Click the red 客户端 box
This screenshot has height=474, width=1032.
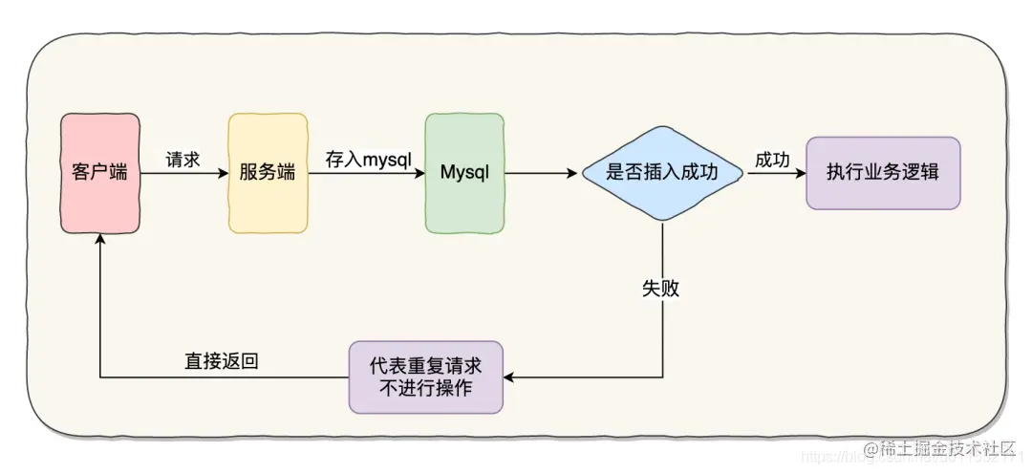[100, 173]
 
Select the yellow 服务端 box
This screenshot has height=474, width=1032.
[269, 173]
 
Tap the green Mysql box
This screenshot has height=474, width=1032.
[464, 173]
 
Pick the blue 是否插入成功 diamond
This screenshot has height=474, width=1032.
[662, 173]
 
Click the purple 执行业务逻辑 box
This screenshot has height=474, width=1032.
[883, 173]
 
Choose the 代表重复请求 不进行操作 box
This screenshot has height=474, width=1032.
[426, 377]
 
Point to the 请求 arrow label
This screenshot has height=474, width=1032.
[183, 160]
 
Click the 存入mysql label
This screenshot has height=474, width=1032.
[368, 159]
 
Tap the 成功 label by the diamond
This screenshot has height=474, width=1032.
[772, 160]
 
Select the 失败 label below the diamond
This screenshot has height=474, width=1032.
[661, 288]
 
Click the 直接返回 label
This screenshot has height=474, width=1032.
[222, 361]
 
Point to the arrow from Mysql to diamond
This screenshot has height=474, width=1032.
[542, 174]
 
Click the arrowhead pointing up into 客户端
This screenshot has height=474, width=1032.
[100, 242]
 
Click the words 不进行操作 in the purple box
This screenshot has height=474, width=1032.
[426, 389]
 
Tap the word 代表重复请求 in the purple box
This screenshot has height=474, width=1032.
[426, 366]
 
